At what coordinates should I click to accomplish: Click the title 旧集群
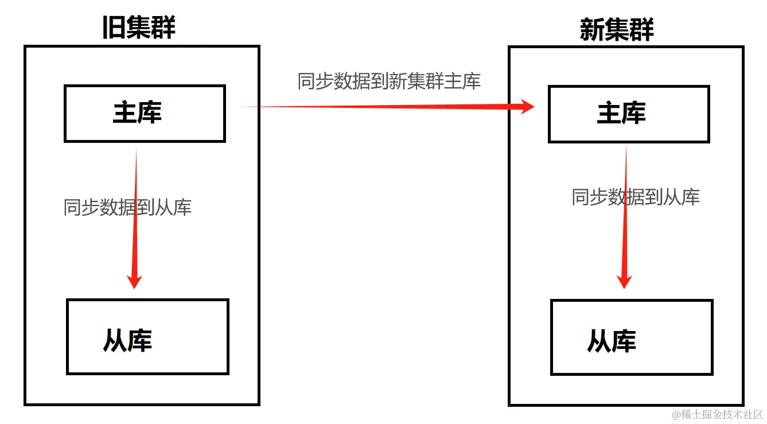pos(139,28)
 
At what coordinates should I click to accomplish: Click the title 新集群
pos(617,29)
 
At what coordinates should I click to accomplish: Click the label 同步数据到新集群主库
pos(388,81)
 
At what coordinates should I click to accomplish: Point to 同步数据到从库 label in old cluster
pos(127,207)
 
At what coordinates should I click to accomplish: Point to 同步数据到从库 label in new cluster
pos(636,197)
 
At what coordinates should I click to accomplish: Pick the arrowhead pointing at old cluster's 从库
pos(134,281)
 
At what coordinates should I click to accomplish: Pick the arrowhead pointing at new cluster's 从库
pos(624,281)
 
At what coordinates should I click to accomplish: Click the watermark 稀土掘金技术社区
pos(722,414)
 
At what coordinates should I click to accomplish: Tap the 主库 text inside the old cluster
pos(137,113)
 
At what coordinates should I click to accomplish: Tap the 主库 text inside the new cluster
pos(621,114)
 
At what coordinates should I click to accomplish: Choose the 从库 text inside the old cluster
pos(127,340)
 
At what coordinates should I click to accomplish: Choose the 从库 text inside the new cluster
pos(612,341)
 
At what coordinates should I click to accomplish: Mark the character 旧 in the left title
pos(114,28)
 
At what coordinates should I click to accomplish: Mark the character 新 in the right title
pos(592,29)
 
